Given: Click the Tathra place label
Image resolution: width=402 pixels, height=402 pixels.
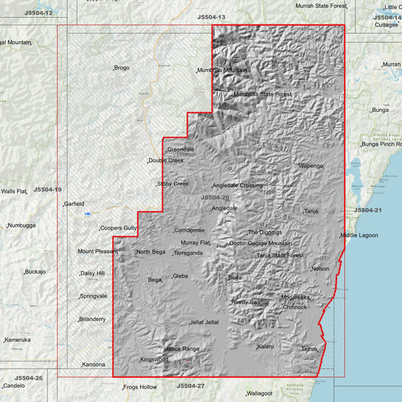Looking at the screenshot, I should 309,349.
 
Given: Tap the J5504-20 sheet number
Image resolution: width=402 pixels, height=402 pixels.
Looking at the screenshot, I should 215,198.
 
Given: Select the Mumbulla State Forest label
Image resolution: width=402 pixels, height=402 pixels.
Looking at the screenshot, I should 262,94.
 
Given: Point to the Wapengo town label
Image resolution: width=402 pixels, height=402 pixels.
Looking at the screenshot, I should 310,166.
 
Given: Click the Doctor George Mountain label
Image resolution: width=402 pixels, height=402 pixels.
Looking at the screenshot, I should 260,243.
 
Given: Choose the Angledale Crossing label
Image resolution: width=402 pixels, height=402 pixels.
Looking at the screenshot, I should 237,186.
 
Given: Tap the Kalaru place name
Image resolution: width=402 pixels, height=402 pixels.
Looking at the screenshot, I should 265,347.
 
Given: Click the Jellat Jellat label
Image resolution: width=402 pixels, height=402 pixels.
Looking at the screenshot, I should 204,322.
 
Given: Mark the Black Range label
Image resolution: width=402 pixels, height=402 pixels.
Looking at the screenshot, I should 182,349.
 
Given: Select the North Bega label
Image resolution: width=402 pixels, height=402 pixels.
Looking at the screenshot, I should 151,252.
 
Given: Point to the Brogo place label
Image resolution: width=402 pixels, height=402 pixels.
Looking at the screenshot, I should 122,68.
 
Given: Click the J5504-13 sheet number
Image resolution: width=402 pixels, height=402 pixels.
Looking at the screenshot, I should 211,17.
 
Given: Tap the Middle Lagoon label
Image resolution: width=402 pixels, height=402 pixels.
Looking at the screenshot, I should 359,235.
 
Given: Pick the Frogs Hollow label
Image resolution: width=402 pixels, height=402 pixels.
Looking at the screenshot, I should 140,387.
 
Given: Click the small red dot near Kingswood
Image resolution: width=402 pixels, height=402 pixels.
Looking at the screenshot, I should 187,361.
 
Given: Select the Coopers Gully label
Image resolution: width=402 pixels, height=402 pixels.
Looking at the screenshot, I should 118,228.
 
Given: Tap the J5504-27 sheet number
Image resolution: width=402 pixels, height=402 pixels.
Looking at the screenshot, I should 191,386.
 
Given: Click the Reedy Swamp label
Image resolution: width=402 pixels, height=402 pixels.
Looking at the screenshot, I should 250,302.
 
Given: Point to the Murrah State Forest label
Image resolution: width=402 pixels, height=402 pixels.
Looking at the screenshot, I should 321,6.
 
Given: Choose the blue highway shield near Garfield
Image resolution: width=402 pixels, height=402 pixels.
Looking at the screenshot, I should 87,214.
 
